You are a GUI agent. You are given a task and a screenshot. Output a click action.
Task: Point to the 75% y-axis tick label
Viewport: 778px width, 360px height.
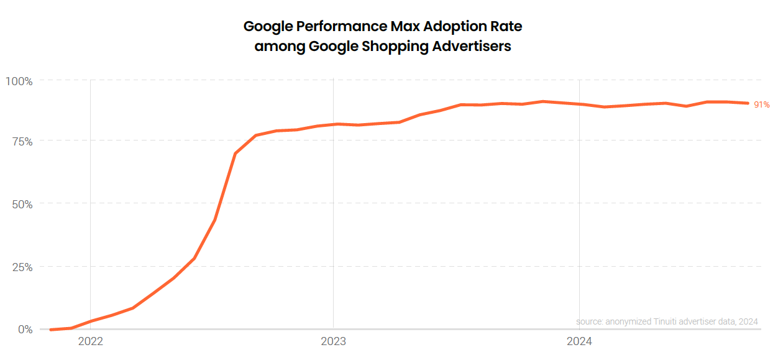[21, 142]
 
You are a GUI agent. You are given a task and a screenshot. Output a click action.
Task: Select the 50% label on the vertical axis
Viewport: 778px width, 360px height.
[21, 204]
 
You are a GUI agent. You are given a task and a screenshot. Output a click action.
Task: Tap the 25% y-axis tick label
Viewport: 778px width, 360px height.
[21, 267]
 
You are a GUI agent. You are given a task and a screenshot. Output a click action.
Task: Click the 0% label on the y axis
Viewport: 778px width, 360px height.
[25, 329]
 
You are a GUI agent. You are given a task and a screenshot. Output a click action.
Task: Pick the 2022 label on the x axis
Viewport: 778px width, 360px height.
[91, 341]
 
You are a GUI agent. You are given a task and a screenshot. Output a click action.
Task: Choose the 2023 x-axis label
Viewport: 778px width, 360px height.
[334, 341]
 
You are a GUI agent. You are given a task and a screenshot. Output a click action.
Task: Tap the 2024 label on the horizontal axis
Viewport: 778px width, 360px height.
[579, 341]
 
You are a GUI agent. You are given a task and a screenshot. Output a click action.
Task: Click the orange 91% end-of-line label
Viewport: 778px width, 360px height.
[762, 104]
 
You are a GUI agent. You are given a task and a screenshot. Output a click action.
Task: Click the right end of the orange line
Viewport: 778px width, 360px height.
[748, 103]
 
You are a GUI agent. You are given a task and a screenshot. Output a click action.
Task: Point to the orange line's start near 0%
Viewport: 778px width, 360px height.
[51, 329]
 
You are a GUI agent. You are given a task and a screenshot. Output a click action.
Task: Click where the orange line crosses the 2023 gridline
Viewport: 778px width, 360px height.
[334, 124]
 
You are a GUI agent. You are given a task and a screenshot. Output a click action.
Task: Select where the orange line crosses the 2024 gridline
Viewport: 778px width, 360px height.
[579, 104]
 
